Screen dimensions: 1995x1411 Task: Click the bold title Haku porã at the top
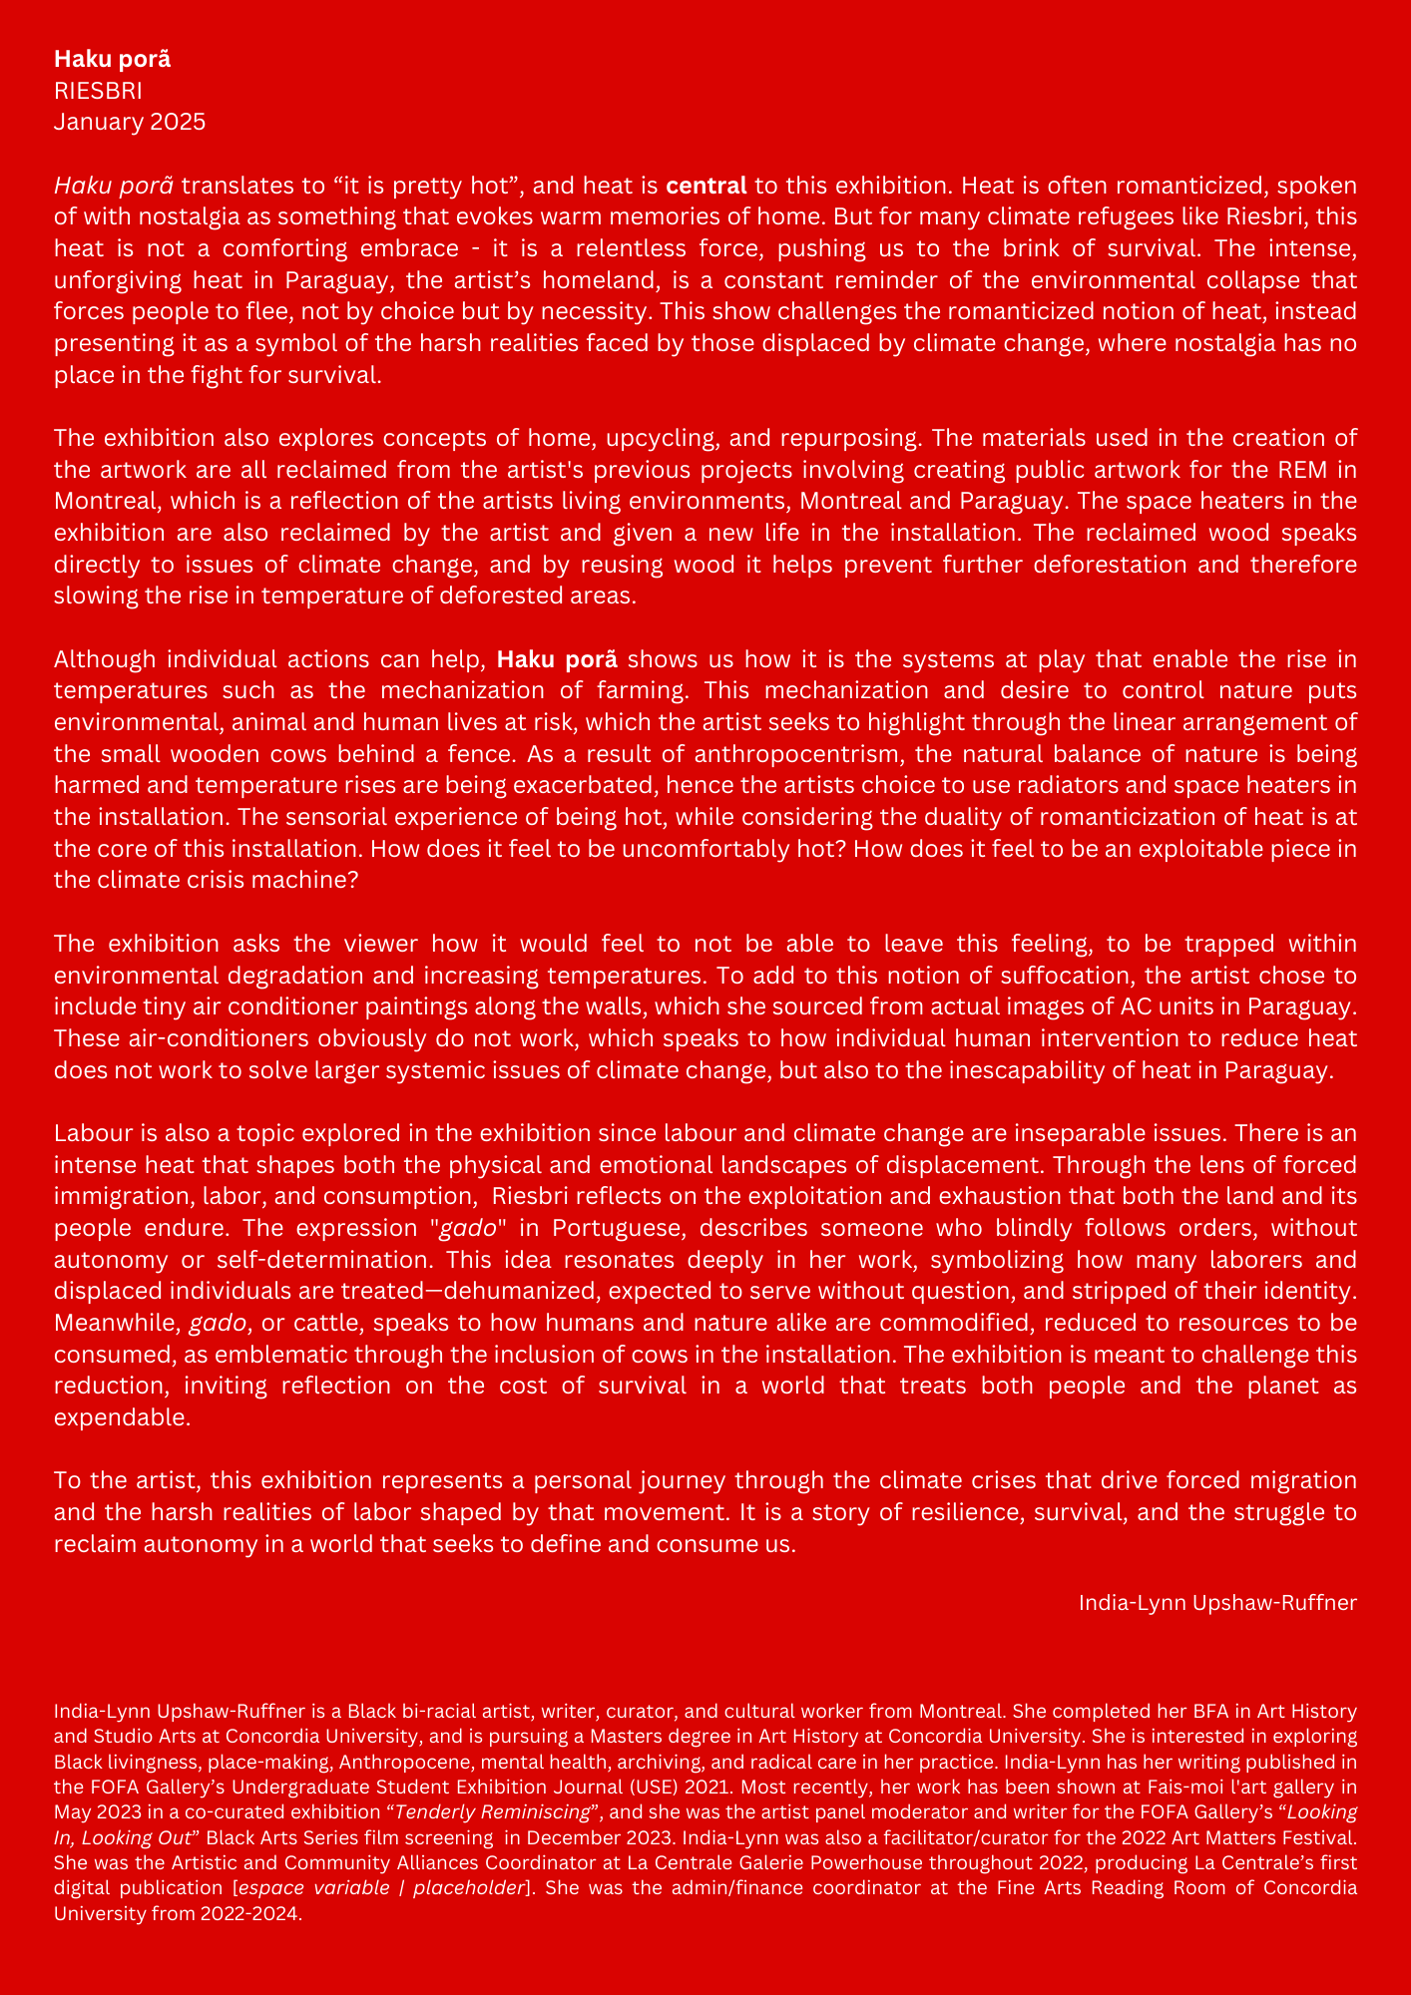[113, 59]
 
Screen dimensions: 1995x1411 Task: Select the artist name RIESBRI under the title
[98, 91]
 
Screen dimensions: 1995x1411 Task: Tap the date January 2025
[130, 122]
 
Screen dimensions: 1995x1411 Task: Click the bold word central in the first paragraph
[705, 185]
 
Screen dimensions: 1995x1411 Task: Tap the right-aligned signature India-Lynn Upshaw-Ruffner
[1217, 1603]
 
